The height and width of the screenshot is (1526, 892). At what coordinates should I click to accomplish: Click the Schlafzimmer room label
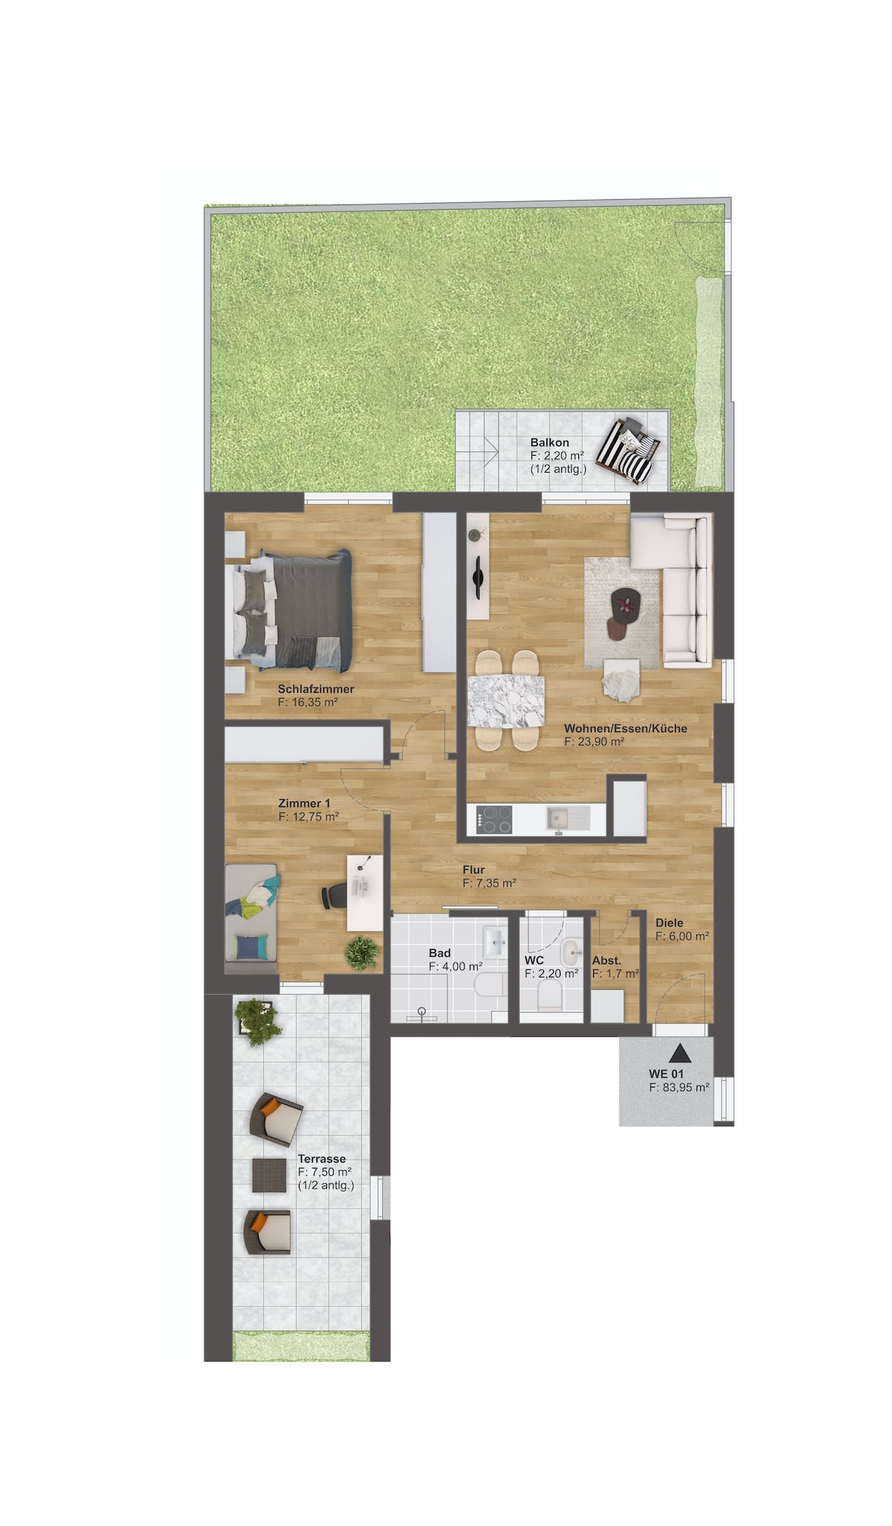click(x=315, y=689)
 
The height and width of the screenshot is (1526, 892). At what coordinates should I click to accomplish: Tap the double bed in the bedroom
click(x=293, y=610)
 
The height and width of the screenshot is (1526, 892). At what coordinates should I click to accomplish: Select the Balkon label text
click(x=549, y=442)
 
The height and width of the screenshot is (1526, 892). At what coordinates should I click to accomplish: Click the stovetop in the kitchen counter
click(x=496, y=819)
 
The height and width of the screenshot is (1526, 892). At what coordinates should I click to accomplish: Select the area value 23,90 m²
click(x=594, y=741)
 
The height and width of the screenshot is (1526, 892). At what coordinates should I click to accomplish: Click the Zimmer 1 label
click(x=304, y=803)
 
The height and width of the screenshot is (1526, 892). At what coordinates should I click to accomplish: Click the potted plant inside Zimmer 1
click(x=362, y=952)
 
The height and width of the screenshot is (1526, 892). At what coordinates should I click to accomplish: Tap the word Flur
click(x=474, y=870)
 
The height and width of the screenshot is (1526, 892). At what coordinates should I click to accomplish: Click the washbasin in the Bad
click(x=494, y=942)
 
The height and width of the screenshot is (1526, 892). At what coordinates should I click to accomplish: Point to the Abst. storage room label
click(x=607, y=960)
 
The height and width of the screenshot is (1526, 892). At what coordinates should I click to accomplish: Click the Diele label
click(x=669, y=923)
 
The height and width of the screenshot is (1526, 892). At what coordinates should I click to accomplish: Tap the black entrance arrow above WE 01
click(x=679, y=1053)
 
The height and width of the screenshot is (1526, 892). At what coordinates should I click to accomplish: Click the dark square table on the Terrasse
click(x=268, y=1175)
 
